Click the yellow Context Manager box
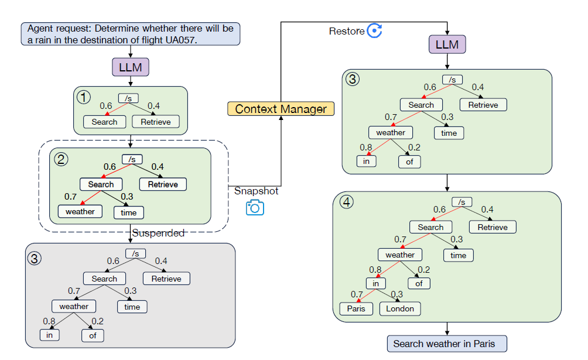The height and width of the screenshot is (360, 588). pyautogui.click(x=281, y=108)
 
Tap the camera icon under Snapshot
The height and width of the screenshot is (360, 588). pyautogui.click(x=255, y=207)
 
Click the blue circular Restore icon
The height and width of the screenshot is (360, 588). pyautogui.click(x=374, y=31)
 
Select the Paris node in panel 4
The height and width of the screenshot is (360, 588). pyautogui.click(x=355, y=308)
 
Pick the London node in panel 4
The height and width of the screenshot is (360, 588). pyautogui.click(x=400, y=308)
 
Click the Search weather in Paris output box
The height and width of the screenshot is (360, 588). pyautogui.click(x=447, y=344)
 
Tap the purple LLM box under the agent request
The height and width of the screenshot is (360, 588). pyautogui.click(x=130, y=67)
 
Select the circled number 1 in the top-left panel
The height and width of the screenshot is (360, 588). pyautogui.click(x=84, y=97)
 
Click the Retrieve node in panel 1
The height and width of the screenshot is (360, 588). pyautogui.click(x=156, y=122)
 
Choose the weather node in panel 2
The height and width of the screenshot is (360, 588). pyautogui.click(x=80, y=211)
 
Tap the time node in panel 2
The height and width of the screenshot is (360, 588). pyautogui.click(x=129, y=212)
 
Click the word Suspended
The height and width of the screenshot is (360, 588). pyautogui.click(x=158, y=233)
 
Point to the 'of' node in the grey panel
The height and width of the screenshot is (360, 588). pyautogui.click(x=93, y=335)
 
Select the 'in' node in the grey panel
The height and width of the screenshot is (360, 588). pyautogui.click(x=49, y=335)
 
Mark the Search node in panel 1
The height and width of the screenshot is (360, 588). pyautogui.click(x=104, y=122)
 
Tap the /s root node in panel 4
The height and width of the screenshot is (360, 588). pyautogui.click(x=461, y=202)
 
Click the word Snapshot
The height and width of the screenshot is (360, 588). pyautogui.click(x=256, y=191)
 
